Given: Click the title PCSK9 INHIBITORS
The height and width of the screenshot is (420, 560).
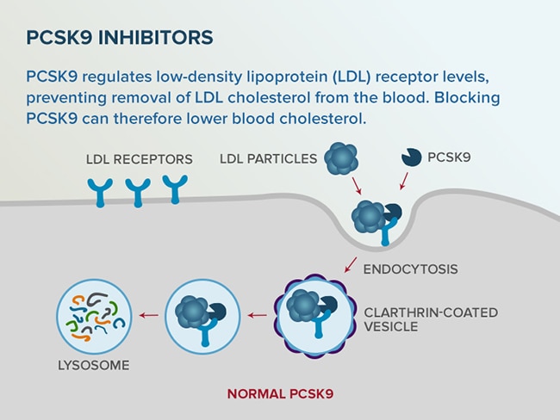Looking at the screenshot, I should [120, 39].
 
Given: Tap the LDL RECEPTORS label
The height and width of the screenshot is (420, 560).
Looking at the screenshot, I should [139, 159].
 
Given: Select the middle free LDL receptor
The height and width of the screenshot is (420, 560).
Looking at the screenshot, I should [138, 192].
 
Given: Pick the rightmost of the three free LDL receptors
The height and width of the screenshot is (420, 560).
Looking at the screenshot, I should [175, 188].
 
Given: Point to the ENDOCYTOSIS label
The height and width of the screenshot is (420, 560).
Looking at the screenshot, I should [410, 269].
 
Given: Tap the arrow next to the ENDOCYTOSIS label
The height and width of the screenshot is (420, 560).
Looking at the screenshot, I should [351, 263].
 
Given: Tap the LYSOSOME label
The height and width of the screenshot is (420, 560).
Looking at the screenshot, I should [93, 366].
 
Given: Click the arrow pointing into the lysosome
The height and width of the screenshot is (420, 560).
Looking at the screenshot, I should [148, 315].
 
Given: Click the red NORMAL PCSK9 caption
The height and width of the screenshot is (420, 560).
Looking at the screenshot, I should [280, 394].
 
